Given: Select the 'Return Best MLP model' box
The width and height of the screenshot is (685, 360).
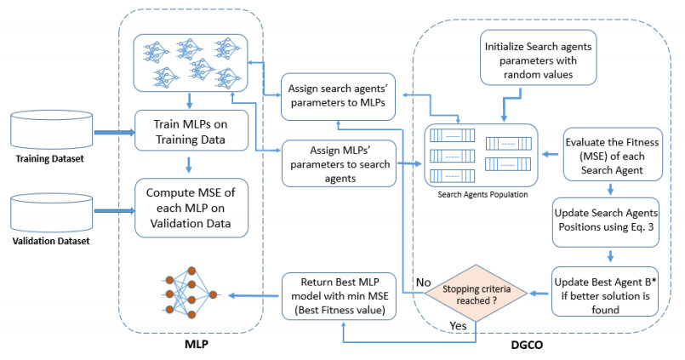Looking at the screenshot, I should (337, 295).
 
